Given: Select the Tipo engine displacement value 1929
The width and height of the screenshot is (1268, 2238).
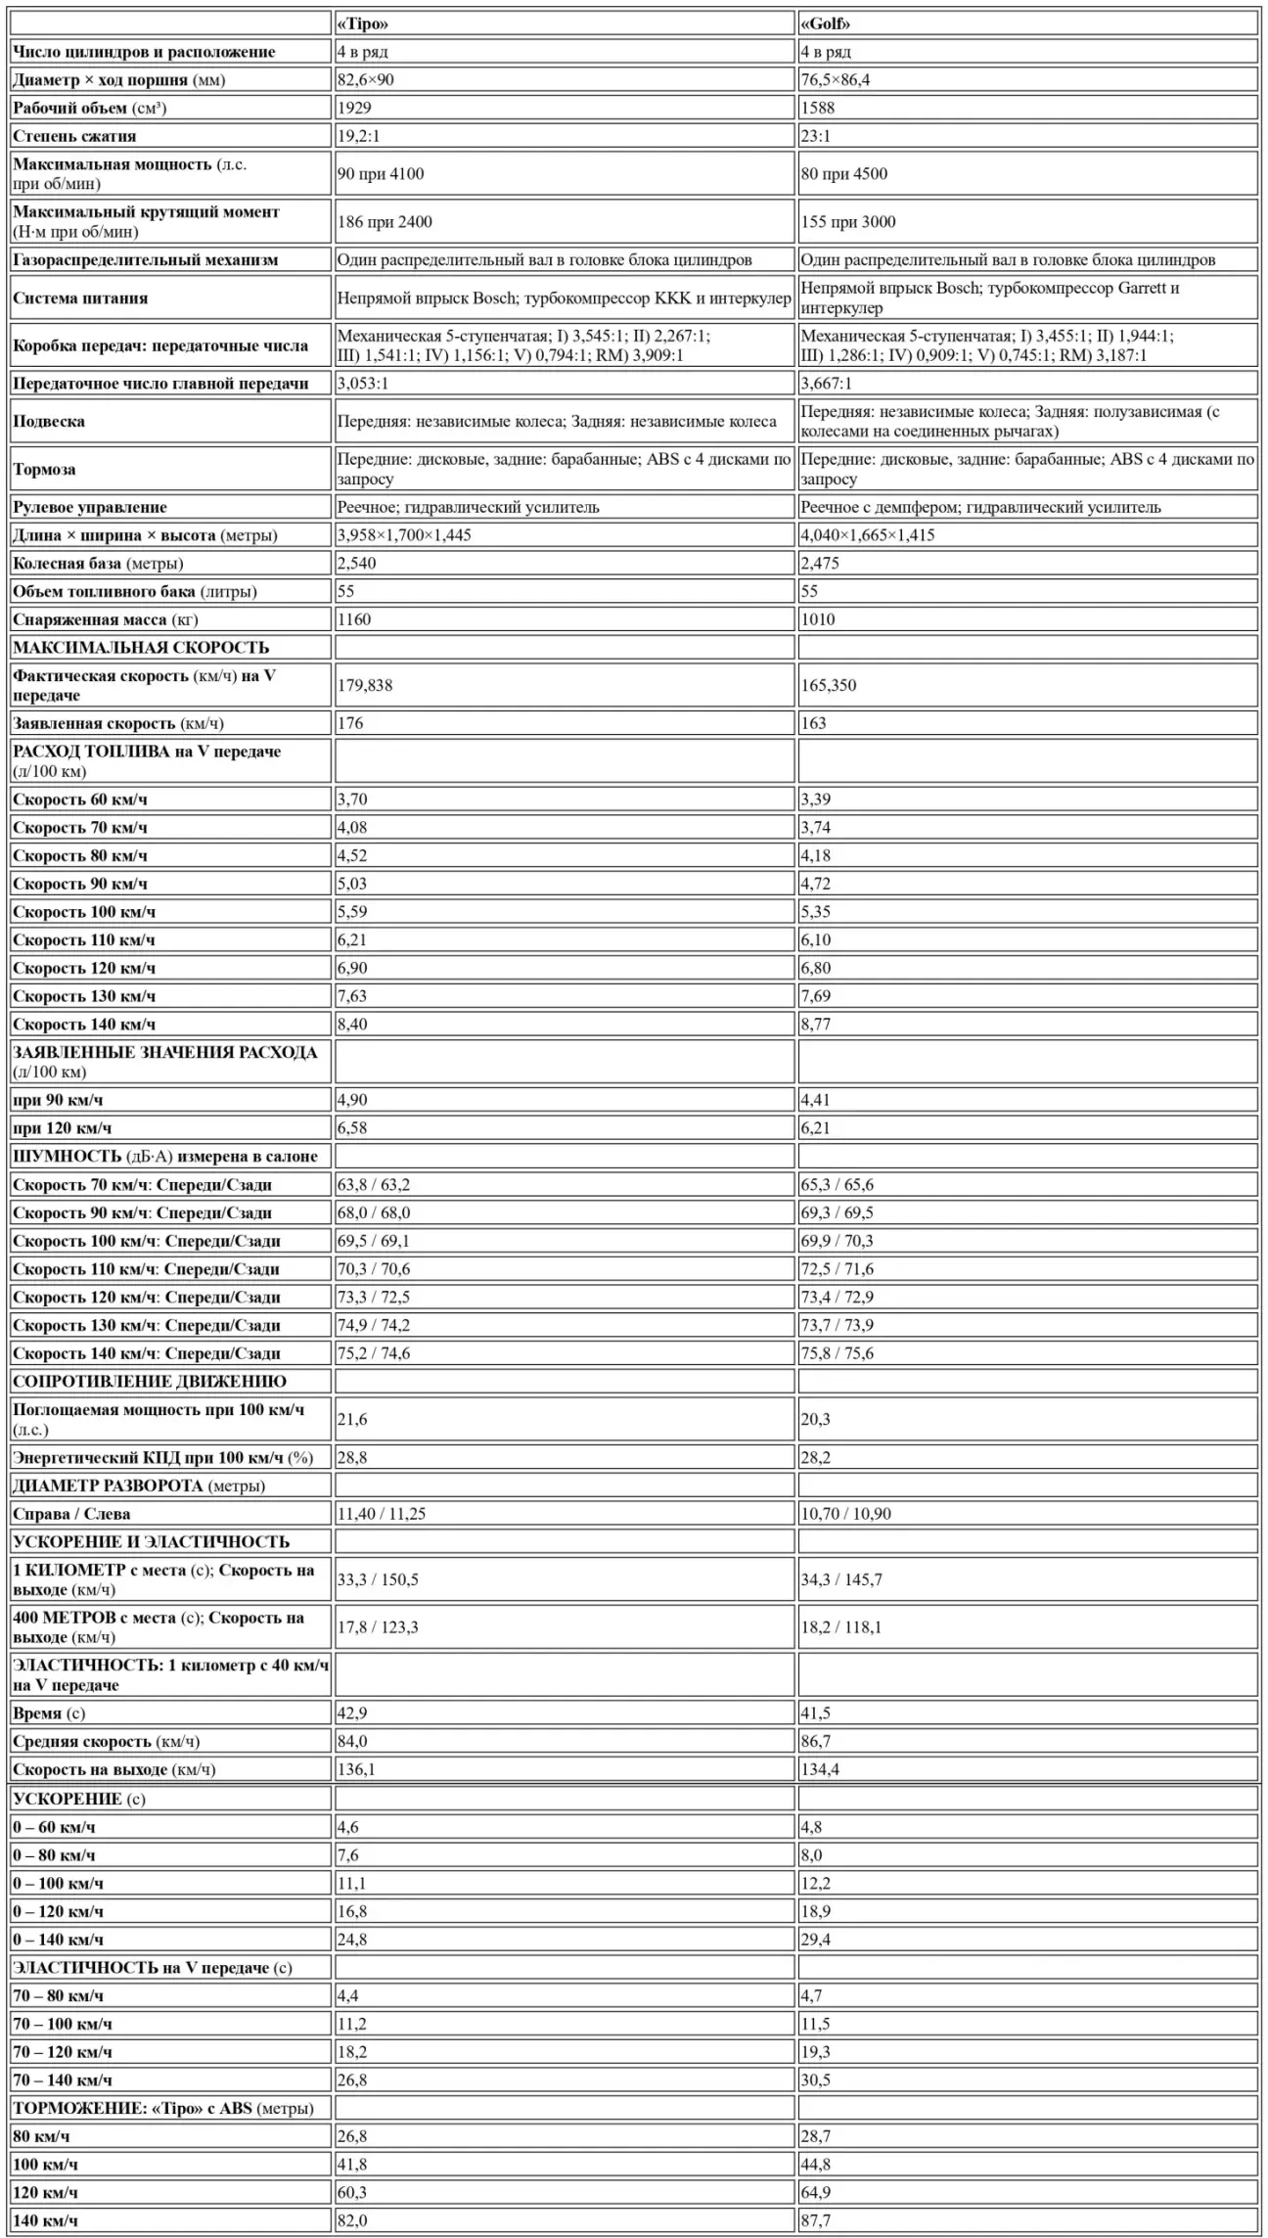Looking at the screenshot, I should tap(354, 108).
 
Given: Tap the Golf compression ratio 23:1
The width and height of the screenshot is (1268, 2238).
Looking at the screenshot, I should tap(815, 136).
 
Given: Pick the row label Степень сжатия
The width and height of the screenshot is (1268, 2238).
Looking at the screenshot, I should tap(74, 136).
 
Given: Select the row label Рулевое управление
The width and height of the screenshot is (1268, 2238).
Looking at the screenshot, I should tap(90, 507).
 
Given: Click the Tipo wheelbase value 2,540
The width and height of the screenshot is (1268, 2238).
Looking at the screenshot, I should tap(356, 563).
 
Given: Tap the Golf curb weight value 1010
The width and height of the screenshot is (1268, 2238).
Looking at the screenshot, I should tap(818, 619).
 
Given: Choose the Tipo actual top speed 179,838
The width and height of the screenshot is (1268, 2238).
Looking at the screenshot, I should tap(365, 685).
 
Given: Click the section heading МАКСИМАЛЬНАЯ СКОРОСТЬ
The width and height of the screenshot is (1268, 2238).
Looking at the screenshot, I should tap(141, 648).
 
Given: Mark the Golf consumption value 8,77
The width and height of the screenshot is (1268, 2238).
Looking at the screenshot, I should tap(815, 1025).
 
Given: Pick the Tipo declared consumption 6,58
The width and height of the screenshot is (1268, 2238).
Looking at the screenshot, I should tap(352, 1128).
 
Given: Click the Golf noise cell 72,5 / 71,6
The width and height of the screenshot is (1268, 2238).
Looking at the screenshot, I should tap(837, 1269).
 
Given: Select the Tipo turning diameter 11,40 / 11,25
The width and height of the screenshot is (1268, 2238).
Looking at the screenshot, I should tap(382, 1514).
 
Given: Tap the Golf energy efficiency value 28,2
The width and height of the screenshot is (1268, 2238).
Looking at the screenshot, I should tap(815, 1457).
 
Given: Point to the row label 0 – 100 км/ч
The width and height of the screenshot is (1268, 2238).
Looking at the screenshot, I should tap(59, 1884).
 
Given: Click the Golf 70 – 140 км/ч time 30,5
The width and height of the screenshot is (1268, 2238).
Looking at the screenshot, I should tap(815, 2080).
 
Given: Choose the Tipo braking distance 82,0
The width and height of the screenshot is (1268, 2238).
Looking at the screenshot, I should tap(352, 2221).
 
